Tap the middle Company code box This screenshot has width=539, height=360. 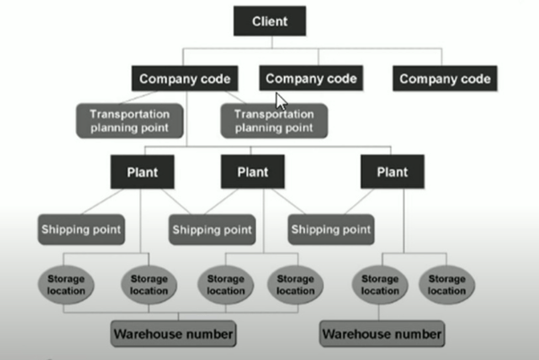pyautogui.click(x=311, y=78)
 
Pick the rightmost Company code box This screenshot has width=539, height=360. pyautogui.click(x=445, y=79)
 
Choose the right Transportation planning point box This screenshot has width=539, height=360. pyautogui.click(x=273, y=120)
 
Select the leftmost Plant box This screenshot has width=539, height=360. pyautogui.click(x=142, y=171)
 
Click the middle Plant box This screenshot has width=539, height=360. pyautogui.click(x=252, y=171)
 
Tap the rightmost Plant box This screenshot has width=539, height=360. pyautogui.click(x=392, y=171)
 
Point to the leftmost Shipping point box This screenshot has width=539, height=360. pyautogui.click(x=81, y=228)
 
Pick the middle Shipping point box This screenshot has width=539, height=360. pyautogui.click(x=211, y=229)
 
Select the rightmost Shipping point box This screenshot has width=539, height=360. pyautogui.click(x=330, y=229)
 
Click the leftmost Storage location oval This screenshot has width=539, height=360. pyautogui.click(x=65, y=284)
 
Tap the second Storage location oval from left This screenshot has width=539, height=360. pyautogui.click(x=148, y=284)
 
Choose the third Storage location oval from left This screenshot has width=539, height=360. pyautogui.click(x=226, y=284)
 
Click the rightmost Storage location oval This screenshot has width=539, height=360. pyautogui.click(x=446, y=284)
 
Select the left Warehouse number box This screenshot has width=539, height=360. pyautogui.click(x=173, y=334)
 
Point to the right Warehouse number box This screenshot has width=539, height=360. pyautogui.click(x=381, y=334)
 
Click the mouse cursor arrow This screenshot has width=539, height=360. pyautogui.click(x=281, y=99)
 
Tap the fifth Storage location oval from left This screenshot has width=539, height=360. pyautogui.click(x=380, y=284)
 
